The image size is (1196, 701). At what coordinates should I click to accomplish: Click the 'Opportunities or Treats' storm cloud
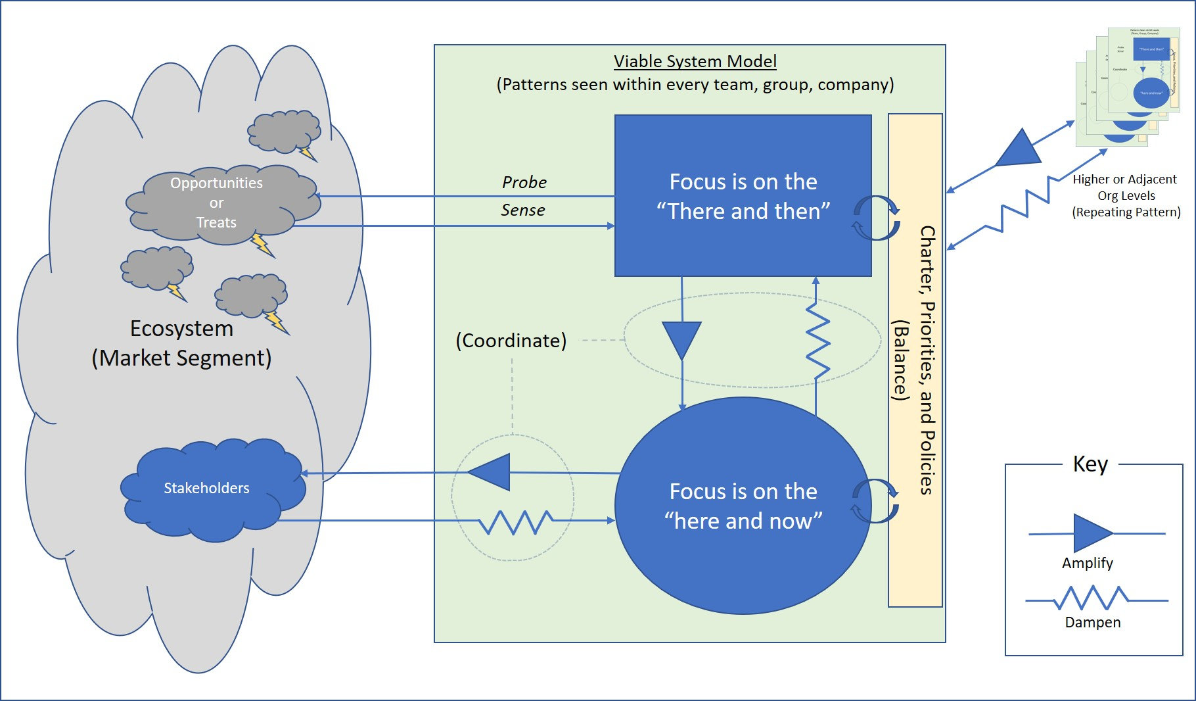pos(217,203)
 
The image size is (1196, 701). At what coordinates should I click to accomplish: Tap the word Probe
pos(524,182)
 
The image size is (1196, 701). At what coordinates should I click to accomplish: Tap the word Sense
pos(522,210)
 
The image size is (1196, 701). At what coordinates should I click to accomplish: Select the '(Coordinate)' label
pos(511,341)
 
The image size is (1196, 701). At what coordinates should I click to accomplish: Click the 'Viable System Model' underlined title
pos(695,61)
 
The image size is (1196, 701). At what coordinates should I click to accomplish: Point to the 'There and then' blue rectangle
pos(743,196)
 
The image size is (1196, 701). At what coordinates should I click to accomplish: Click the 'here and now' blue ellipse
pos(743,506)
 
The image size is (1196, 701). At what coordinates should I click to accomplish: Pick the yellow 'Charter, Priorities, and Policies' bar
pos(915,360)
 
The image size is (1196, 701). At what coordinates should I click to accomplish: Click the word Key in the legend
pos(1090,464)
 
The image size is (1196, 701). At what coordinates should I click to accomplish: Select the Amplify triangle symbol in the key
pos(1092,533)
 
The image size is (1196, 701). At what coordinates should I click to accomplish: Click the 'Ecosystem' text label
pos(181,328)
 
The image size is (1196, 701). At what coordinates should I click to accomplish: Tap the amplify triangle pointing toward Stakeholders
pos(491,472)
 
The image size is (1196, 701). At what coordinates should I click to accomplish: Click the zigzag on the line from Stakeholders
pos(515,522)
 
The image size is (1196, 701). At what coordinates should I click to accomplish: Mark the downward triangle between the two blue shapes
pos(681,339)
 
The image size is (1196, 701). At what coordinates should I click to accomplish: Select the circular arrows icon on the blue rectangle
pos(876,218)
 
